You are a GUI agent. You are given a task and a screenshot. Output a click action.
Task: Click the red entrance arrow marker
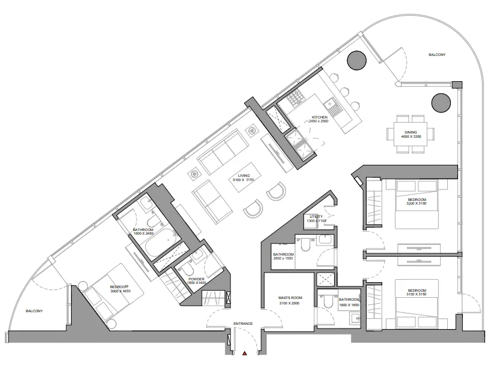(x=244, y=354)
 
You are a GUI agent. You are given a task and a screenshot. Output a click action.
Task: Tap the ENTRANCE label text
(x=243, y=324)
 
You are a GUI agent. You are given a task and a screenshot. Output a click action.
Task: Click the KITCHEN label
(x=319, y=117)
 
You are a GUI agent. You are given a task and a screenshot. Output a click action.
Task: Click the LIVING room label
(x=244, y=176)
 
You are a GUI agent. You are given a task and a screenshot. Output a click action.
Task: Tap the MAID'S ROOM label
(x=288, y=298)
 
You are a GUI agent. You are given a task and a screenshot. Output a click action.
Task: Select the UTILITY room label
(x=316, y=217)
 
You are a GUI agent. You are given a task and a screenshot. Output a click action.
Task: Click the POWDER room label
(x=196, y=279)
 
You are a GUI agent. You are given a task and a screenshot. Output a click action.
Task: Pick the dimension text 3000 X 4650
(x=119, y=291)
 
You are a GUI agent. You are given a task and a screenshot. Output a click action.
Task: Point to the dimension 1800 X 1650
(x=349, y=305)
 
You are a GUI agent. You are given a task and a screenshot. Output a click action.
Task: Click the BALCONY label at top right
(x=437, y=55)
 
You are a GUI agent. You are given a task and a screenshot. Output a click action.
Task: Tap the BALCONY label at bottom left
(x=34, y=311)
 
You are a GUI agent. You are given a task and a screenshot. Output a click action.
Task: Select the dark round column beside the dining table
(x=441, y=102)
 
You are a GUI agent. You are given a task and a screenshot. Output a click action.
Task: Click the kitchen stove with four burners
(x=296, y=97)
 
